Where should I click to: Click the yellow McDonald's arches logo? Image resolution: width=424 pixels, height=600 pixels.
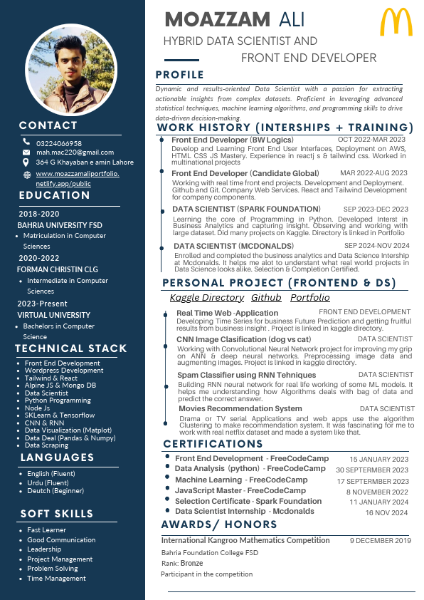coord(396,22)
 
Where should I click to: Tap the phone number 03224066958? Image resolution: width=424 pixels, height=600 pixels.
coord(59,143)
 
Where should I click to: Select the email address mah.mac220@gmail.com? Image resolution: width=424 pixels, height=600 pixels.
coord(75,152)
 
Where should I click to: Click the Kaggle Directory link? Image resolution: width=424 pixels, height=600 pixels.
coord(206,298)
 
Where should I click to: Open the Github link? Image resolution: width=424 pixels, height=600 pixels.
coord(266,298)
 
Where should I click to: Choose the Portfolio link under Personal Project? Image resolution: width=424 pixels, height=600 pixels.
coord(310,298)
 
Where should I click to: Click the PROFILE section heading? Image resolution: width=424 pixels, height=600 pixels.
coord(180,75)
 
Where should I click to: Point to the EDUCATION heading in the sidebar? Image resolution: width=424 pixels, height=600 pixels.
coord(55,195)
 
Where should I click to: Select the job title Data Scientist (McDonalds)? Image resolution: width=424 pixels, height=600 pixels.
coord(233,246)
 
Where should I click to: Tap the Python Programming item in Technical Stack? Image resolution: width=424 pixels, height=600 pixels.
coord(58,400)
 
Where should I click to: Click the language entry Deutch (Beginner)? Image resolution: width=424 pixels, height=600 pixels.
coord(55,492)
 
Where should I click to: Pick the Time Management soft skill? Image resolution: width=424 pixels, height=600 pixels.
coord(56,579)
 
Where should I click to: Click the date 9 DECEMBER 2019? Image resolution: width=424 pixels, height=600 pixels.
coord(380,541)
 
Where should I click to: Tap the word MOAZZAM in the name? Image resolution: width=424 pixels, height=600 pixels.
coord(218,19)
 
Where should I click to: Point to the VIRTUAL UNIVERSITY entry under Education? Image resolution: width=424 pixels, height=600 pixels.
coord(54,315)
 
